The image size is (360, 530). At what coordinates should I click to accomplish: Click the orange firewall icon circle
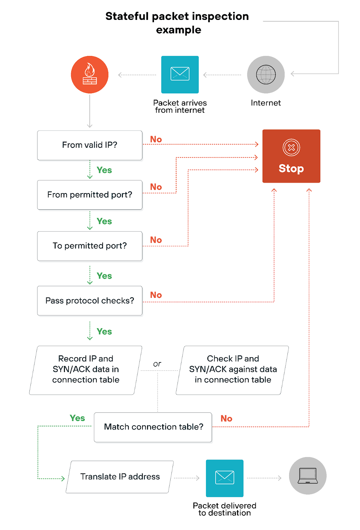click(x=89, y=75)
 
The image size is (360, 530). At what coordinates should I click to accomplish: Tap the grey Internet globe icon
click(x=266, y=75)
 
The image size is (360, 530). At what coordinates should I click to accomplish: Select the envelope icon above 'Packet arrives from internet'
click(x=180, y=74)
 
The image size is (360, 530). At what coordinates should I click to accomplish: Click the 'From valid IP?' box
click(x=90, y=145)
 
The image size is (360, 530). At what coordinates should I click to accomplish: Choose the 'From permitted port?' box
click(x=90, y=195)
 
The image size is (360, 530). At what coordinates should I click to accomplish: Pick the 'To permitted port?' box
click(x=90, y=246)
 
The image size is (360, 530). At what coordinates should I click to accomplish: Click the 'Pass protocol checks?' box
click(x=90, y=301)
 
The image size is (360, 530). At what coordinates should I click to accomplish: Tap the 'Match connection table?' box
click(x=153, y=427)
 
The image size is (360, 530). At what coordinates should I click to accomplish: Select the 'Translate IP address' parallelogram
click(x=120, y=477)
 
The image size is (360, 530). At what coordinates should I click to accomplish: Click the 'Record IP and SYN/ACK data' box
click(x=86, y=370)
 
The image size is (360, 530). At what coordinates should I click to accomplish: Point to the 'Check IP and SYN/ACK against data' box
click(x=232, y=370)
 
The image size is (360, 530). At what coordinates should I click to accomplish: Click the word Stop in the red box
click(x=291, y=168)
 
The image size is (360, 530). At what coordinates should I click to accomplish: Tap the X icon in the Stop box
click(x=291, y=147)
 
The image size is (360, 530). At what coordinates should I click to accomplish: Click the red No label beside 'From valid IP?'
click(x=156, y=139)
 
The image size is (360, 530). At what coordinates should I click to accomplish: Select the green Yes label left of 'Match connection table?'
click(x=77, y=418)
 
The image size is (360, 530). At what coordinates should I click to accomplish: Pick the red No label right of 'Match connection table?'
click(x=227, y=418)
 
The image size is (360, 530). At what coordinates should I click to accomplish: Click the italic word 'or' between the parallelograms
click(x=157, y=364)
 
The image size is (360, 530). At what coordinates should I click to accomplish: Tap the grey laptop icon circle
click(x=308, y=476)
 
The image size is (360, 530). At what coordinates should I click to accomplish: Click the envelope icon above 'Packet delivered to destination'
click(x=225, y=478)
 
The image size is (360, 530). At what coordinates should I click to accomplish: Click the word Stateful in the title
click(x=127, y=16)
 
